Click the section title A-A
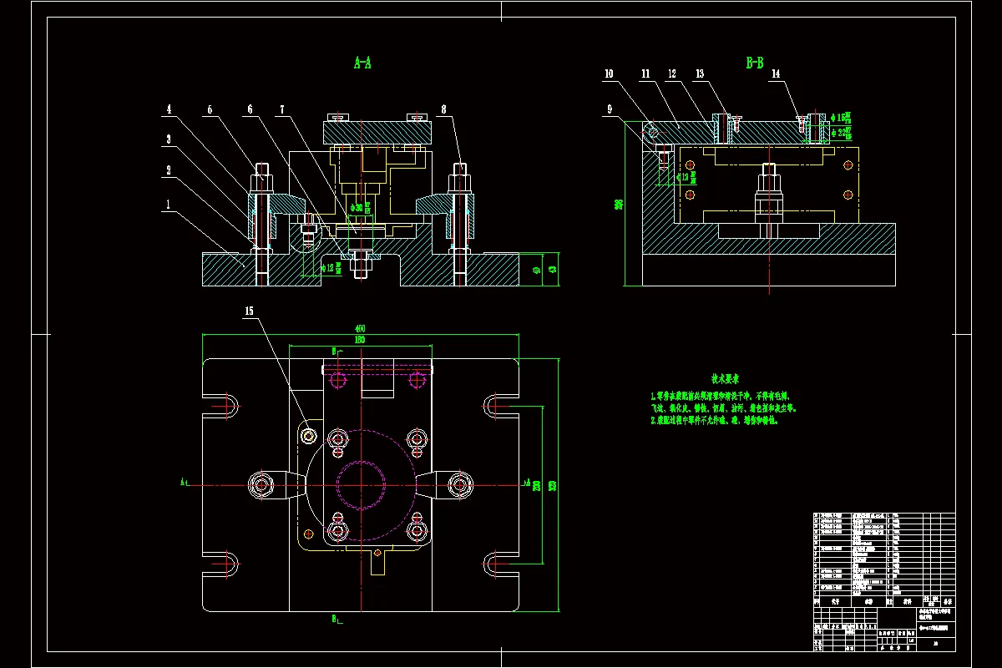[x=362, y=62]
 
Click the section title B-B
[x=755, y=62]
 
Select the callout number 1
[x=168, y=204]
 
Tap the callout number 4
[x=168, y=109]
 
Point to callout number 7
[x=282, y=109]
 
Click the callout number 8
[x=443, y=109]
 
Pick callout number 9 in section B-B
[x=609, y=109]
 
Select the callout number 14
[x=776, y=74]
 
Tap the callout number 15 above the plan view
[x=249, y=311]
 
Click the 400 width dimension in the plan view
[x=360, y=328]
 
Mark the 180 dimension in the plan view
[x=360, y=340]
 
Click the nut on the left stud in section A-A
[x=261, y=177]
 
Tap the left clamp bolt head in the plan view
[x=262, y=483]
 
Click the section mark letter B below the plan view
[x=333, y=619]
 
